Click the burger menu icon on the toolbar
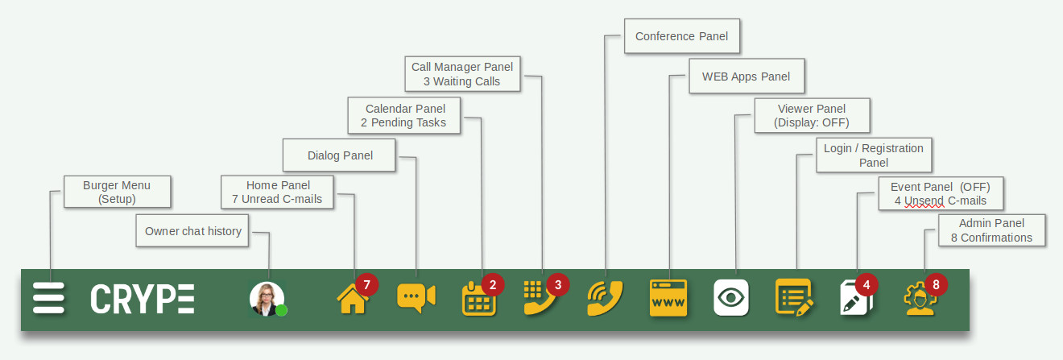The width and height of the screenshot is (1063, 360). (48, 298)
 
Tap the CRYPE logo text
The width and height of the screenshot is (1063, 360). (143, 299)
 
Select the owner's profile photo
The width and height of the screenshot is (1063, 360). (267, 298)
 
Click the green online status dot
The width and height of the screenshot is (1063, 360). (281, 310)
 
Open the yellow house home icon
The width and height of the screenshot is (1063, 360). (352, 299)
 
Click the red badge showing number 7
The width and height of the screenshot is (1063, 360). (366, 284)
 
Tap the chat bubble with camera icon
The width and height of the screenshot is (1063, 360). (416, 298)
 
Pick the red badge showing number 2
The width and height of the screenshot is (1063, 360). (493, 284)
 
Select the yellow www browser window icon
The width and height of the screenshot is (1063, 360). (668, 298)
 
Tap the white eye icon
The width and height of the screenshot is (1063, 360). (731, 297)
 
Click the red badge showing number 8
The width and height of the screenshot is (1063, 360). (936, 284)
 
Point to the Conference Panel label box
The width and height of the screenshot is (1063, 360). (682, 36)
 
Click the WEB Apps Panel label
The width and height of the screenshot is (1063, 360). (747, 77)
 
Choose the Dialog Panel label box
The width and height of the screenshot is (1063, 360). (339, 155)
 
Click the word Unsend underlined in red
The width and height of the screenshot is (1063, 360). (924, 201)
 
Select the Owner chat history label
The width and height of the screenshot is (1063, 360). (192, 231)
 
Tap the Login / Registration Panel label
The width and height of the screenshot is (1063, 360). (874, 155)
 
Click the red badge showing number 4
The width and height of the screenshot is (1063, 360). (867, 284)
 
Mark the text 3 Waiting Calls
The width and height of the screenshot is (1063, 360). (461, 81)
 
